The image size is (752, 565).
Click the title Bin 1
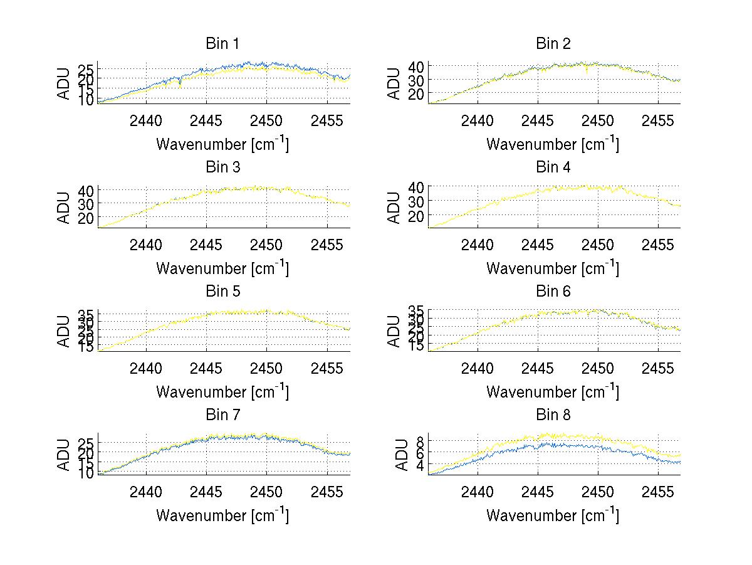point(222,44)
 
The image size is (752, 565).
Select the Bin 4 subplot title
point(553,167)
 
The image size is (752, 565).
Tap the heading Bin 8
point(553,415)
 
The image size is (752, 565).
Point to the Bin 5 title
point(222,292)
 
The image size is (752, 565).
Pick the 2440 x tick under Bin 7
point(147,491)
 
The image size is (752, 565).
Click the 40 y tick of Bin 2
point(417,66)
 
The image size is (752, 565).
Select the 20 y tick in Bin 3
point(86,218)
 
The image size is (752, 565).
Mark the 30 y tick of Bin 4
point(417,201)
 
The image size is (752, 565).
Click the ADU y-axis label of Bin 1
point(65,83)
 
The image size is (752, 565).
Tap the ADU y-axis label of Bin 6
point(395,331)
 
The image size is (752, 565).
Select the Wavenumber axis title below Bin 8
point(552,515)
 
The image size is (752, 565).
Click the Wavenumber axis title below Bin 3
point(222,268)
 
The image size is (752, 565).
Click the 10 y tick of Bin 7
point(86,473)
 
